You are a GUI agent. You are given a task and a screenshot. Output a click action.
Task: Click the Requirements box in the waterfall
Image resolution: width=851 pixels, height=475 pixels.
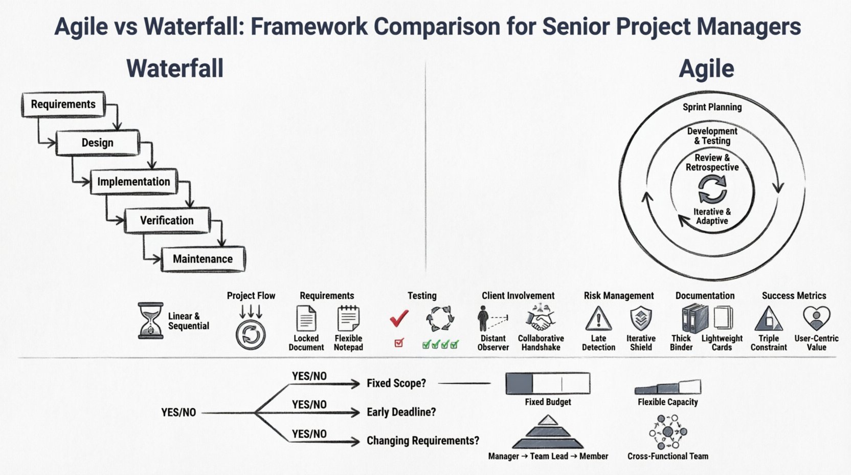pyautogui.click(x=63, y=104)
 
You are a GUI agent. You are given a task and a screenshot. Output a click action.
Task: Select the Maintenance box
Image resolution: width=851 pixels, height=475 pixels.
pyautogui.click(x=203, y=259)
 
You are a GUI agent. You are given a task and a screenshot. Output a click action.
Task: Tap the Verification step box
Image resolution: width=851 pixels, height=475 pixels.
pyautogui.click(x=167, y=221)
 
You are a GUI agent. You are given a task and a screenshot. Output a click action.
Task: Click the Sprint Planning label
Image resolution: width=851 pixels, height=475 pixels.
pyautogui.click(x=712, y=107)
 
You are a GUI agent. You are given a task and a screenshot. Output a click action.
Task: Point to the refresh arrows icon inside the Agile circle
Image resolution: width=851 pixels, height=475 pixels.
pyautogui.click(x=712, y=189)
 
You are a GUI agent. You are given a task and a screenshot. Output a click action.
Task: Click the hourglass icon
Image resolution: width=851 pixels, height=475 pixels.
pyautogui.click(x=150, y=320)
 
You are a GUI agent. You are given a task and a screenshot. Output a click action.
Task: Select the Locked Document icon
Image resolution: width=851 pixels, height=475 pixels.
pyautogui.click(x=306, y=318)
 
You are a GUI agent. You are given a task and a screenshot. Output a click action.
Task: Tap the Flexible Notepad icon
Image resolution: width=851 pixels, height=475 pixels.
pyautogui.click(x=348, y=318)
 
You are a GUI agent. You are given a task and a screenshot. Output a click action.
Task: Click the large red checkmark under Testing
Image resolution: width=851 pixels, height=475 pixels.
pyautogui.click(x=399, y=318)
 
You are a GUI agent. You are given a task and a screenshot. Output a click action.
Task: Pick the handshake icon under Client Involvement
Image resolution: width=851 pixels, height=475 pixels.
pyautogui.click(x=540, y=318)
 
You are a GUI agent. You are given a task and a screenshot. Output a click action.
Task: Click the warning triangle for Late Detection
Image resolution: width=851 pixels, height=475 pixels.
pyautogui.click(x=598, y=318)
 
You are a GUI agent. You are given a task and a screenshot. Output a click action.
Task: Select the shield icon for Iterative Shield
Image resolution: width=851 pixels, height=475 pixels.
pyautogui.click(x=640, y=318)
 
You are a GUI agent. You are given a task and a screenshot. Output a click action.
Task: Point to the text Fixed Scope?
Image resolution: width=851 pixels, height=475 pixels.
pyautogui.click(x=396, y=383)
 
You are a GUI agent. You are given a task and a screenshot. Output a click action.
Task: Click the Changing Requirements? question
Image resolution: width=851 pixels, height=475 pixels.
pyautogui.click(x=423, y=441)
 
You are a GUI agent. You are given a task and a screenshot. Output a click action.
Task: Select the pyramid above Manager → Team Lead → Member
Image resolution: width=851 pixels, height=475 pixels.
pyautogui.click(x=548, y=433)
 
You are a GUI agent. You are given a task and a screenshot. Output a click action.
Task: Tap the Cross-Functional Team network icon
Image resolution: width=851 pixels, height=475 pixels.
pyautogui.click(x=668, y=433)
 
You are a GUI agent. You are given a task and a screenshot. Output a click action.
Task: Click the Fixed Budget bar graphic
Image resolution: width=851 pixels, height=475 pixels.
pyautogui.click(x=548, y=383)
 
